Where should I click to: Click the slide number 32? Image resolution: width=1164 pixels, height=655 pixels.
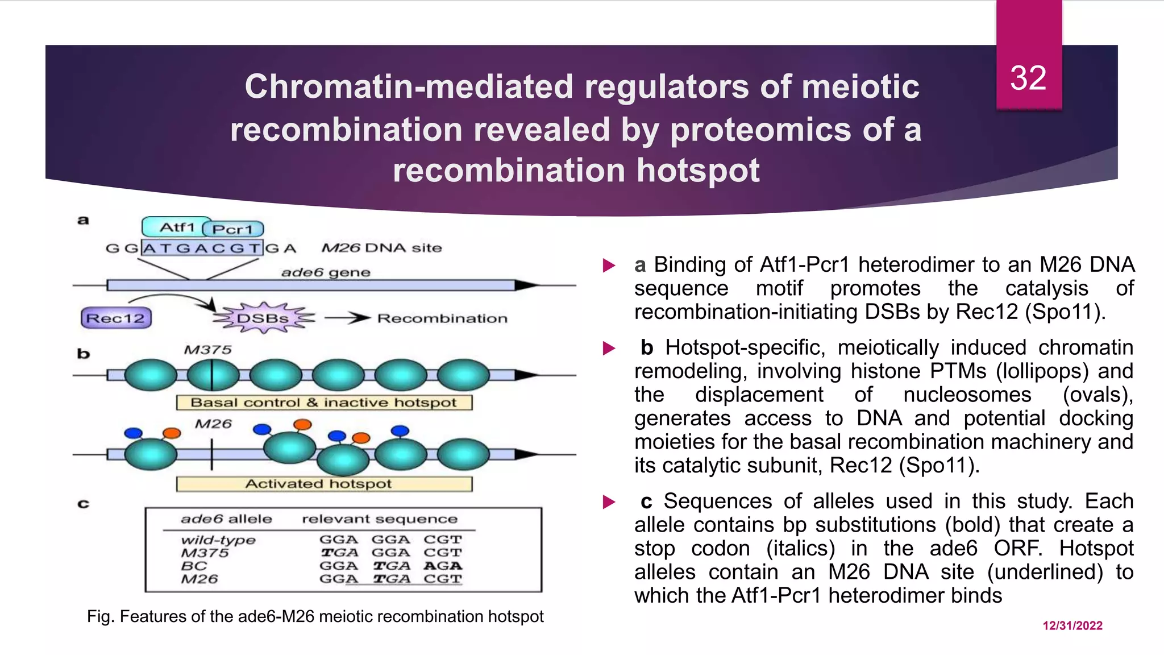1028,78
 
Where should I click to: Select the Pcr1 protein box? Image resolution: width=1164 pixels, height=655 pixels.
233,229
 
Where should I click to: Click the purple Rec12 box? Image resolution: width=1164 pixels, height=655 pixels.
116,318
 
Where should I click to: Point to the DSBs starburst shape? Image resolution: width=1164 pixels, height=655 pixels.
263,318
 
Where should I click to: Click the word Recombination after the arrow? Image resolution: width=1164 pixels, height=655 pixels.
442,318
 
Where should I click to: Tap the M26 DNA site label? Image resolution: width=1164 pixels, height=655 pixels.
381,248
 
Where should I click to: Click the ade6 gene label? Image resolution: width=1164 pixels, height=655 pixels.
326,272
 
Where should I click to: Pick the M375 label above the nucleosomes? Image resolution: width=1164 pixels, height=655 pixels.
207,350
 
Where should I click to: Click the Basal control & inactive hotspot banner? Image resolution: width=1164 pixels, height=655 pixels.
324,403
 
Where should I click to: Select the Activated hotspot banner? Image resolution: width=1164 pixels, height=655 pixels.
324,484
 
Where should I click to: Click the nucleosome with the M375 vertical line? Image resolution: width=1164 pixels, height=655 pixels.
213,375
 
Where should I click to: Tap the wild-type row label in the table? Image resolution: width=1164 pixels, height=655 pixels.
218,540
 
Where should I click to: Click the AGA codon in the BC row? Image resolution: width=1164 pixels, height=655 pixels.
443,566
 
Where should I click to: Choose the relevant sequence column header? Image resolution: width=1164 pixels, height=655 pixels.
380,519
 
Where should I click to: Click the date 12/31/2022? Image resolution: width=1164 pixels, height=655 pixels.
1072,625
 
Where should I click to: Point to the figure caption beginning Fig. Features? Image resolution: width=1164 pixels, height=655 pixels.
315,616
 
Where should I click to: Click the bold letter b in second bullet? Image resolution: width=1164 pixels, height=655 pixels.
647,347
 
